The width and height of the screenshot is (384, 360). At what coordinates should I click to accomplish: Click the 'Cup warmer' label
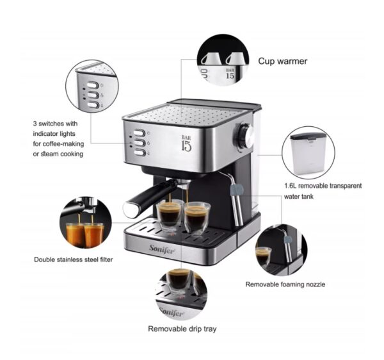pyautogui.click(x=282, y=61)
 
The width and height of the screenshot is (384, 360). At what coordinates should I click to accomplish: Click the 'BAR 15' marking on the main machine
pyautogui.click(x=186, y=142)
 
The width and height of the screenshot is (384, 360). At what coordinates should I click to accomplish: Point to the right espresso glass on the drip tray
pyautogui.click(x=197, y=218)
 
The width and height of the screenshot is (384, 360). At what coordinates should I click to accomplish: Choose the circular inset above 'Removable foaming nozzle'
pyautogui.click(x=280, y=248)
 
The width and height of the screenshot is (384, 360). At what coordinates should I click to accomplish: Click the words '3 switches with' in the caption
pyautogui.click(x=54, y=124)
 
